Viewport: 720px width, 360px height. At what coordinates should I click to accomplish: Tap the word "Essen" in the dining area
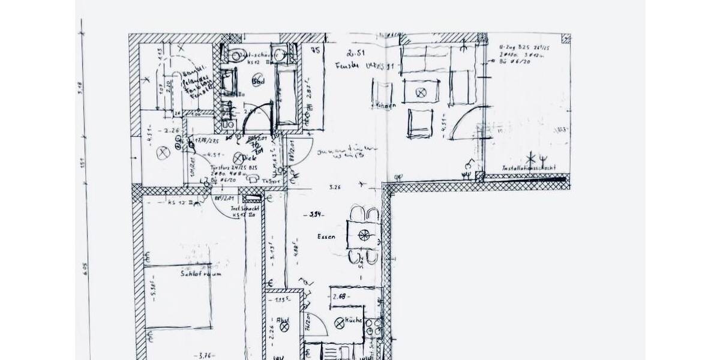[326, 237]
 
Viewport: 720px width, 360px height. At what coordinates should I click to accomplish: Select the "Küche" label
[354, 321]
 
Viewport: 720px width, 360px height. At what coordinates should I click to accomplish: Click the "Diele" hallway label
[250, 158]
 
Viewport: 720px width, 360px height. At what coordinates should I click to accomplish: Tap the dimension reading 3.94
[316, 214]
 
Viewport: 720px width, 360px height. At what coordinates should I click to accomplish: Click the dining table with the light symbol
[364, 235]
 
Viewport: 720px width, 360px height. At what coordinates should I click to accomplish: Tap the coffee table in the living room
[421, 92]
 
